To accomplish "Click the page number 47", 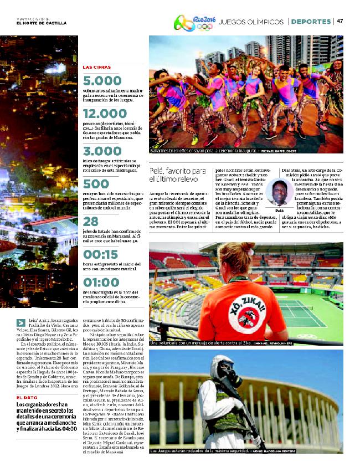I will pos(340,21).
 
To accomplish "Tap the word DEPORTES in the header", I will pos(311,22).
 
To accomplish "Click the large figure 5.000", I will pos(102,81).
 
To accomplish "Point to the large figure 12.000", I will pos(105,114).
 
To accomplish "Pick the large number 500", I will pos(96,184).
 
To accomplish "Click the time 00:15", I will pos(101,254).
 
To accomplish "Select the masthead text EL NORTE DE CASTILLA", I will pos(42,23).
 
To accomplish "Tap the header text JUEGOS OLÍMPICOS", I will pos(251,22).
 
